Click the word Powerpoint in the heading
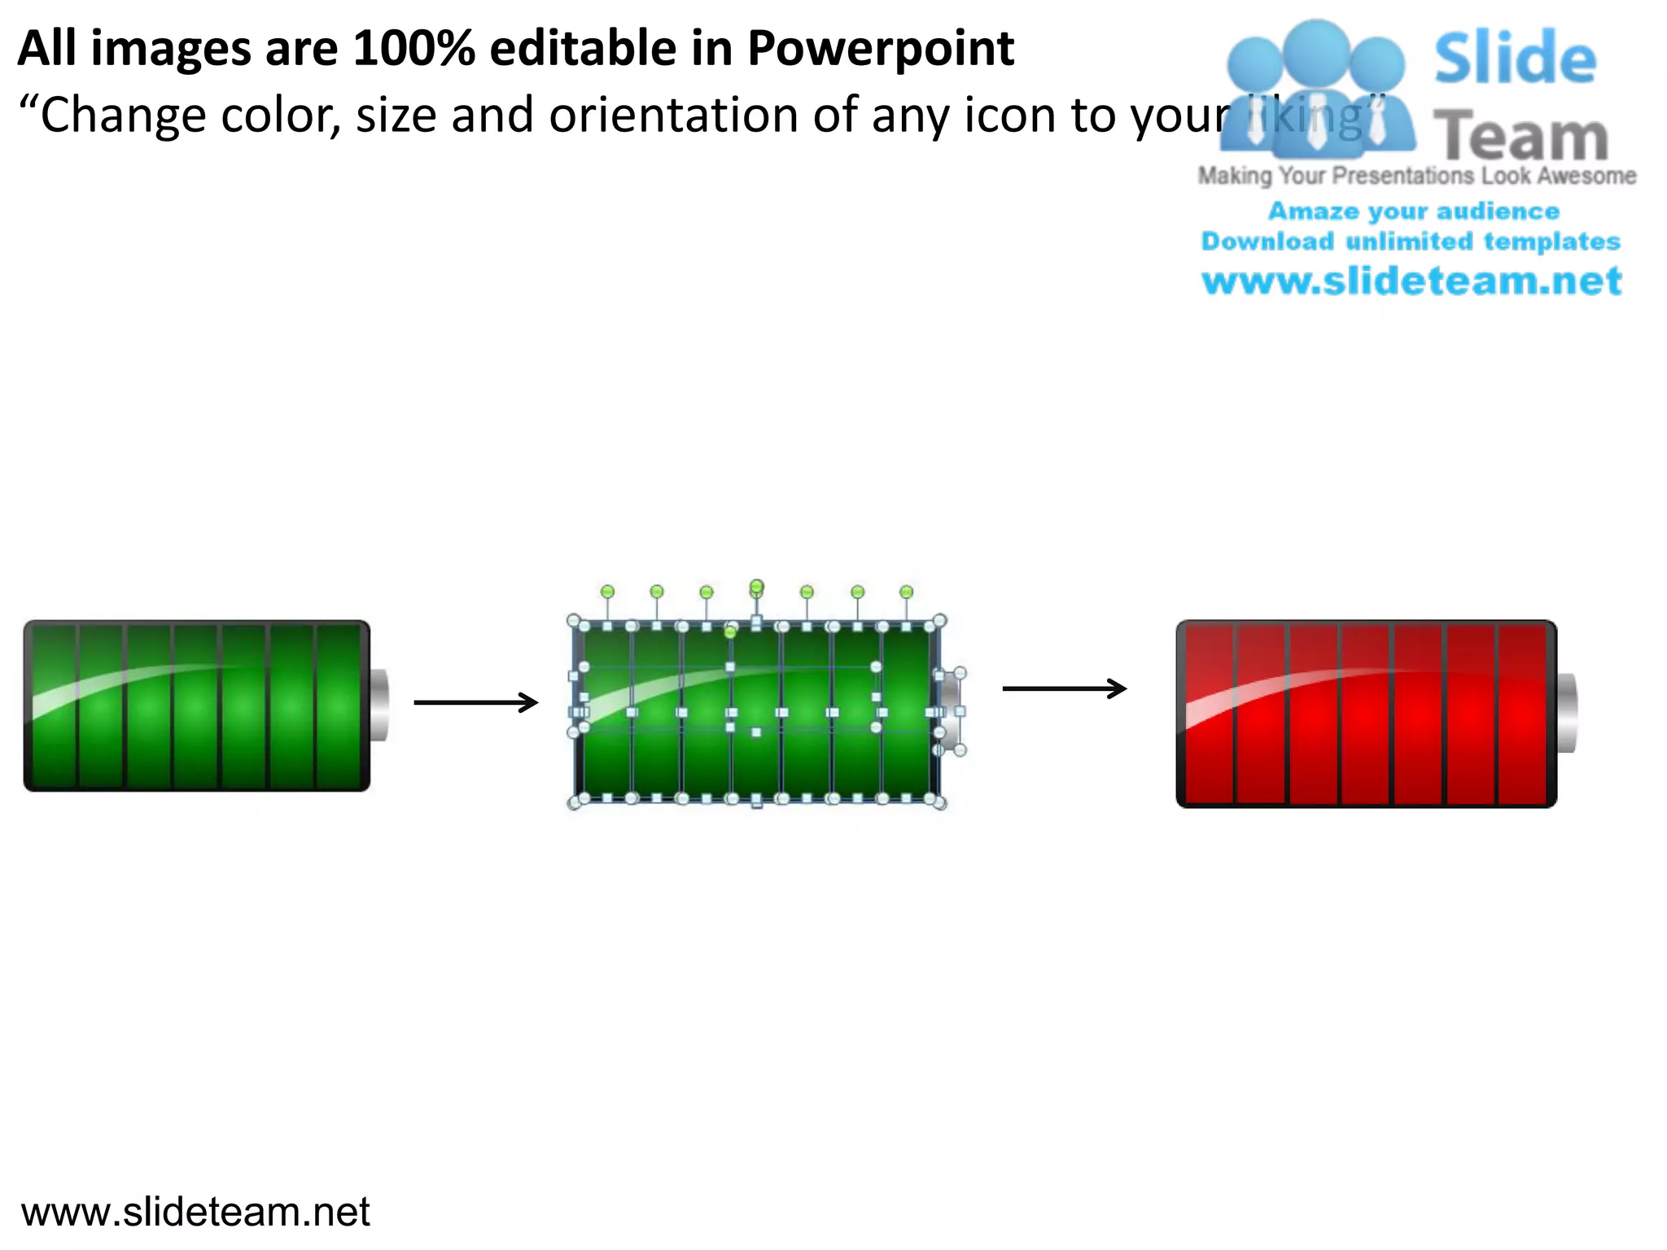tap(881, 49)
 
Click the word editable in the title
tap(583, 49)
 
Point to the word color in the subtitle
tap(279, 116)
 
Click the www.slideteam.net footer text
tap(195, 1212)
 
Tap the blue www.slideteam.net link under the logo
tap(1412, 281)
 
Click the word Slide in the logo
tap(1515, 59)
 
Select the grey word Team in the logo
tap(1520, 136)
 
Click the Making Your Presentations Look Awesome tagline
tap(1417, 176)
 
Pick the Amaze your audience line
tap(1414, 212)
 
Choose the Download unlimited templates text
tap(1411, 242)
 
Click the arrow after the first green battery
tap(476, 702)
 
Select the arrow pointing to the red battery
tap(1065, 688)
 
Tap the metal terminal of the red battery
tap(1567, 713)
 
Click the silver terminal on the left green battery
tap(379, 705)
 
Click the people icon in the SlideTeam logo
tap(1316, 90)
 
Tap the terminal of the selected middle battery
tap(950, 711)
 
